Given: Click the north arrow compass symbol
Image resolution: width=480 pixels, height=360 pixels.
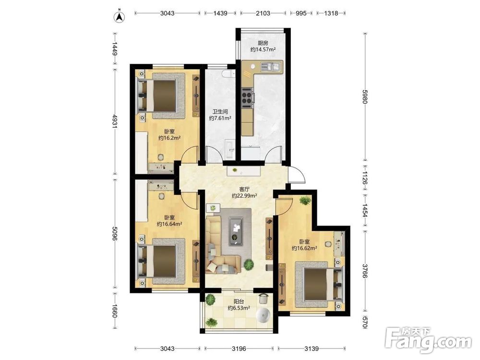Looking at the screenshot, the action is point(120,17).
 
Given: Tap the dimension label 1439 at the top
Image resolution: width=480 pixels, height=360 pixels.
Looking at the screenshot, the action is point(220,13).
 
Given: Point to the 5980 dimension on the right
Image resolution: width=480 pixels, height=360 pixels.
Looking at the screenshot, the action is point(365,96).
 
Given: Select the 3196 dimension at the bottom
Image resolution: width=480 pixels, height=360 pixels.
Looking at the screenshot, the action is point(239,348).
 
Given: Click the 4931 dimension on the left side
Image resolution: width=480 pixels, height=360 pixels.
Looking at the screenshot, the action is point(115,121).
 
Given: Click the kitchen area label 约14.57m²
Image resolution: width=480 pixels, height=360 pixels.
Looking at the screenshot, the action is point(263,49).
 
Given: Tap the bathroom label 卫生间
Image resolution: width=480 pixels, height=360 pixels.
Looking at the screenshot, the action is point(220,112).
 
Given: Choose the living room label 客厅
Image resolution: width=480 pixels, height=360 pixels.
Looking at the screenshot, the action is point(244,190).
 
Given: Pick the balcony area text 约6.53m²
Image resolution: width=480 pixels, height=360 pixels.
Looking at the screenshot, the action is point(239,308).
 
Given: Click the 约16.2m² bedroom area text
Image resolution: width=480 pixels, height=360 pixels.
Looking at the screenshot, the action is point(169,138).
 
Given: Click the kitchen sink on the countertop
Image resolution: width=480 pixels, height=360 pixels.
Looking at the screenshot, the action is point(270,66).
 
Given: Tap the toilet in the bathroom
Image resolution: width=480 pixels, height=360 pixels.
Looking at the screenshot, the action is point(228,74).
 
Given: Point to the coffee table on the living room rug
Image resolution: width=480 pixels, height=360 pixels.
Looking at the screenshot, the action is point(236,231).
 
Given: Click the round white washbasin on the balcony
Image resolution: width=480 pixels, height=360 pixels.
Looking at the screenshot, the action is point(263,316).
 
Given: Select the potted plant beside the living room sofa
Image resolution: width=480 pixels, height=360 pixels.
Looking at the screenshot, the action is point(249,264).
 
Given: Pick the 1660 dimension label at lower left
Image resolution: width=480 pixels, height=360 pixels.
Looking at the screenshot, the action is point(115,311).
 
